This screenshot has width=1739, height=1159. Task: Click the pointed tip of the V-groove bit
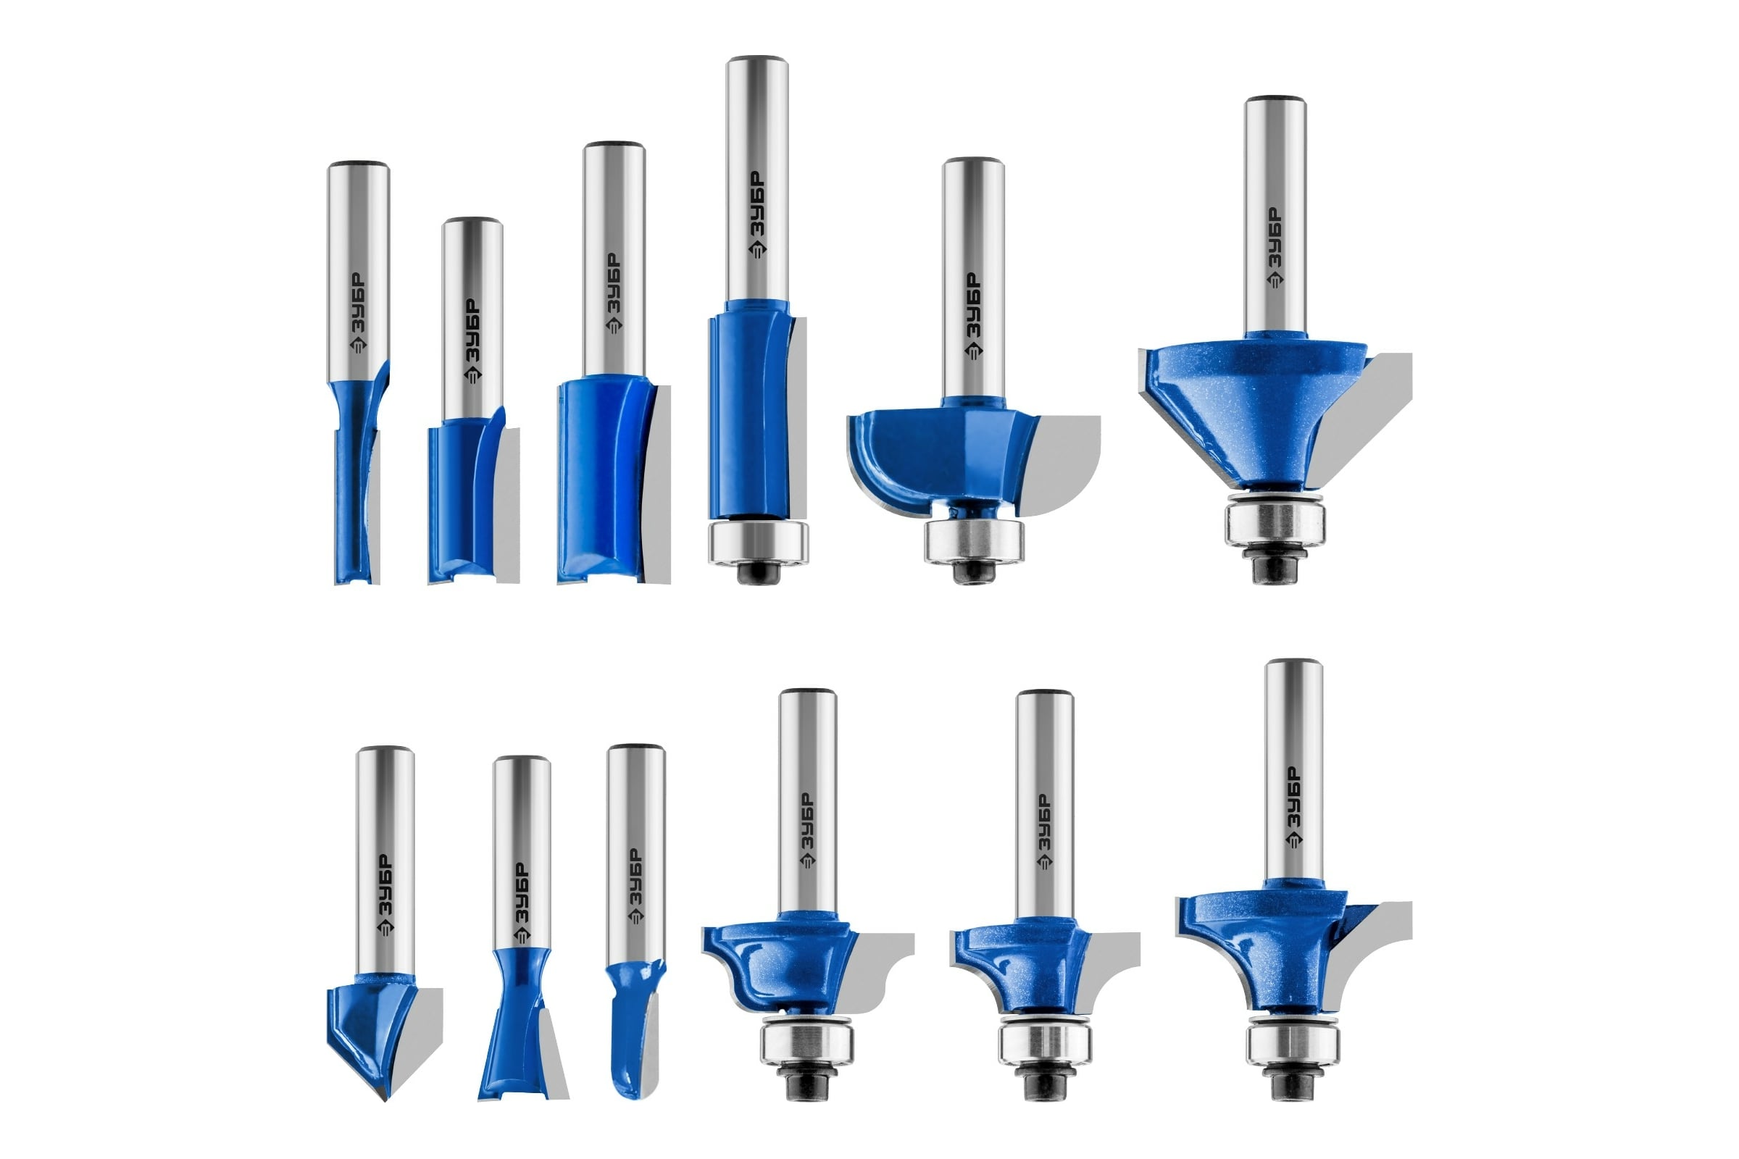coord(385,1100)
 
